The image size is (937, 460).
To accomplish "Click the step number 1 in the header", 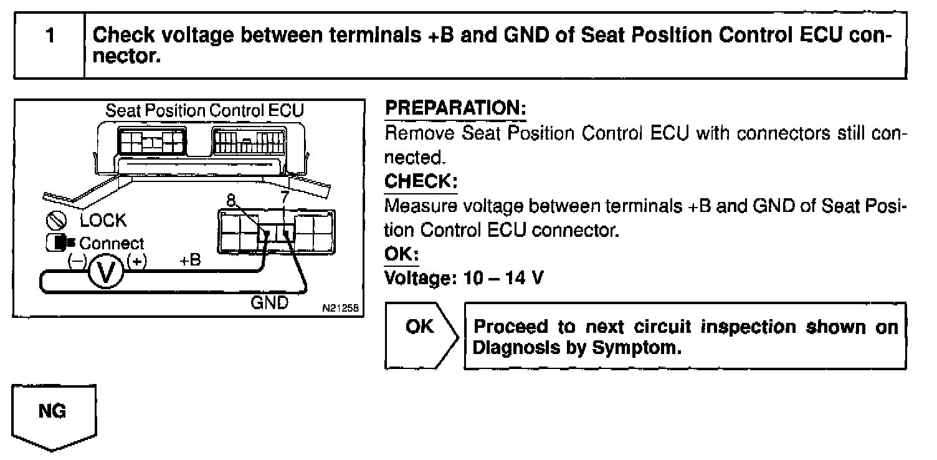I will pos(49,36).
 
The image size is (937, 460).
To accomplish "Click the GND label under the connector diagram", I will pos(270,302).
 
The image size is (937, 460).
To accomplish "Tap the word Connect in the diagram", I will pos(112,243).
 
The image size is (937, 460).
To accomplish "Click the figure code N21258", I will pos(341,308).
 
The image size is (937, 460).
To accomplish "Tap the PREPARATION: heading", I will pos(455,108).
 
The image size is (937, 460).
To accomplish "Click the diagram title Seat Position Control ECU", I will pos(204,111).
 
